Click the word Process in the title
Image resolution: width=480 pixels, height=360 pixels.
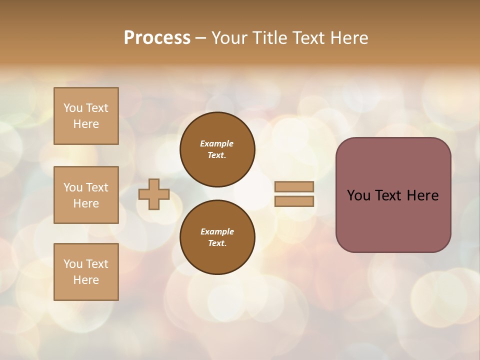point(157,38)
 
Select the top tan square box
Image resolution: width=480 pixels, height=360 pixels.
point(86,116)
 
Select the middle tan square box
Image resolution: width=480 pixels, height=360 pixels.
point(86,195)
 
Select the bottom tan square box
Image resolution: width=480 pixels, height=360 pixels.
point(86,271)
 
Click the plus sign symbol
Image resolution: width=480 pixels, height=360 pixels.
point(154,194)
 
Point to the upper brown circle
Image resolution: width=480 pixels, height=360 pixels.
point(217,149)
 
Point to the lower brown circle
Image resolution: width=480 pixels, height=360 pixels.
point(217,237)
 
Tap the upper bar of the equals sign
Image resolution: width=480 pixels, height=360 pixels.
point(294,186)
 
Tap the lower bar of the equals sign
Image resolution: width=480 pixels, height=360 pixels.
point(294,201)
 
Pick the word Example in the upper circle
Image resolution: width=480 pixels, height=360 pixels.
point(217,143)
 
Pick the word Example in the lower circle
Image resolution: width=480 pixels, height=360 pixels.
point(217,231)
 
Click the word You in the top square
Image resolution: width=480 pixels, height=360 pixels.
point(73,108)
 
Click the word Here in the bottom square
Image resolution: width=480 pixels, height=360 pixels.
point(86,280)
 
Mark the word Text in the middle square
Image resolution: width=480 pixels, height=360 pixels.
point(97,187)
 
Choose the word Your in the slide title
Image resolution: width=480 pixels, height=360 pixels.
point(229,38)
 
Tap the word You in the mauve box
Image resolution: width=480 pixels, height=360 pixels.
point(358,195)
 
